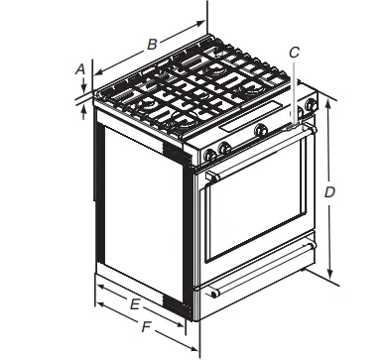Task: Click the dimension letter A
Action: (x=78, y=68)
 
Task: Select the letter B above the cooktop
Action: (x=152, y=44)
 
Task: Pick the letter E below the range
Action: (x=134, y=303)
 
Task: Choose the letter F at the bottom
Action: (x=146, y=325)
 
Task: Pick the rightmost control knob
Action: (x=313, y=105)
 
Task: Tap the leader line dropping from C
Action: (x=293, y=89)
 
